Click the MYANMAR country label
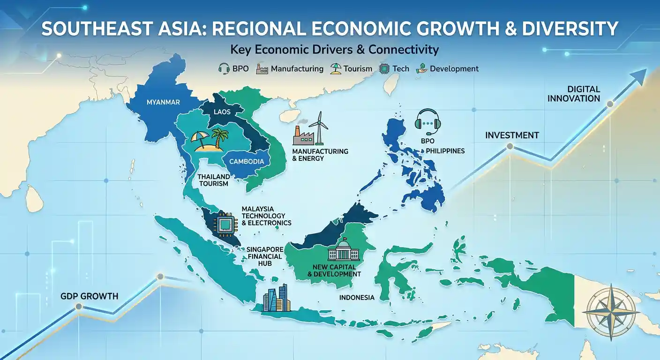[x=163, y=102]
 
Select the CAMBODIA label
[x=247, y=161]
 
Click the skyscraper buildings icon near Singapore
[x=277, y=298]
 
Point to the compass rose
[x=613, y=311]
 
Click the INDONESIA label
[x=357, y=298]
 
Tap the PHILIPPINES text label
[x=445, y=151]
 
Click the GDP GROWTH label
[x=89, y=296]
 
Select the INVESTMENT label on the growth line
[x=512, y=135]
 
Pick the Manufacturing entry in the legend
[x=289, y=69]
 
